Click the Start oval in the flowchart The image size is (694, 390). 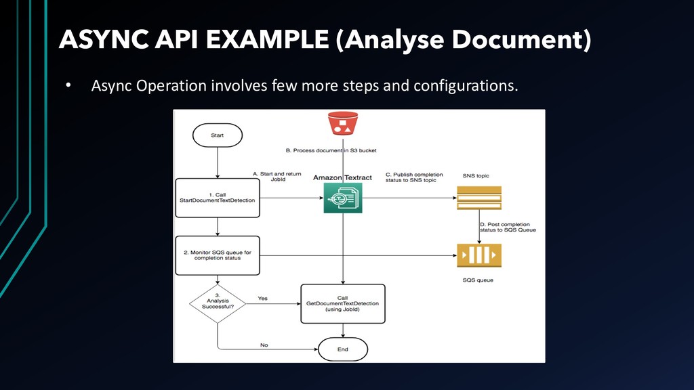coord(217,135)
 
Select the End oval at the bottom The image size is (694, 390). coord(343,349)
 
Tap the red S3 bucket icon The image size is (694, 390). coord(343,124)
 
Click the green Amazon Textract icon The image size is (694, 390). coord(343,198)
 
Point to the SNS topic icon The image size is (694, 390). coord(479,198)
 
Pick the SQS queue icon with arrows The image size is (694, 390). coord(479,255)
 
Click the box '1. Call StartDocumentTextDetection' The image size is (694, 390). coord(217,198)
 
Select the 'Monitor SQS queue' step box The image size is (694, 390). coord(217,255)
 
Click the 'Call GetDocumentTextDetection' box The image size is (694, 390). coord(343,303)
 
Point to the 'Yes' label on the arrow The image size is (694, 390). coord(262,298)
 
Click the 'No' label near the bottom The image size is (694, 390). coord(264,345)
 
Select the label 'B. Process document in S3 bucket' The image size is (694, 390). coord(330,150)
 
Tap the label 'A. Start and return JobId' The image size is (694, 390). coord(277,177)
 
